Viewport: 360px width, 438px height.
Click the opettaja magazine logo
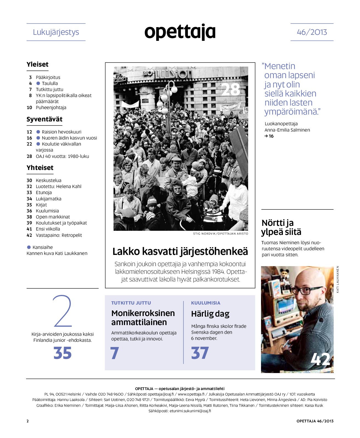(x=180, y=32)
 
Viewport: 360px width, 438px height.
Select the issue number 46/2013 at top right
(x=312, y=32)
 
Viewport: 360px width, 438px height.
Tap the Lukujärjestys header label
(x=56, y=32)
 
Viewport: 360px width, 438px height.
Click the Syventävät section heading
(x=44, y=119)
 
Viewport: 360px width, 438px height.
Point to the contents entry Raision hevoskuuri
(x=61, y=132)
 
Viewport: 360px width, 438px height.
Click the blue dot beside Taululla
(x=38, y=83)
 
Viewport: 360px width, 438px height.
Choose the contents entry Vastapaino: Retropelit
(x=59, y=235)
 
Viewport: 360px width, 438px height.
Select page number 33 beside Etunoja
(x=29, y=192)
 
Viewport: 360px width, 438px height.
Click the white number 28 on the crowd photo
(x=231, y=89)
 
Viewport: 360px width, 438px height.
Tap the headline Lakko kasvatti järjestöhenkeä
(x=180, y=251)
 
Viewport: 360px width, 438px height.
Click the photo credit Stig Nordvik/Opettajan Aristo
(x=220, y=234)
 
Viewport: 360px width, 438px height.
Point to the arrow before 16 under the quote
(x=266, y=136)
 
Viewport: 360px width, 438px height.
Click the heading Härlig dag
(x=210, y=314)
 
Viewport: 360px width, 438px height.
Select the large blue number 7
(x=115, y=353)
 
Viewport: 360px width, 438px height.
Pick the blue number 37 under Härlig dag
(x=200, y=353)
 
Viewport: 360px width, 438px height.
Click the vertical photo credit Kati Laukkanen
(x=338, y=279)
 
